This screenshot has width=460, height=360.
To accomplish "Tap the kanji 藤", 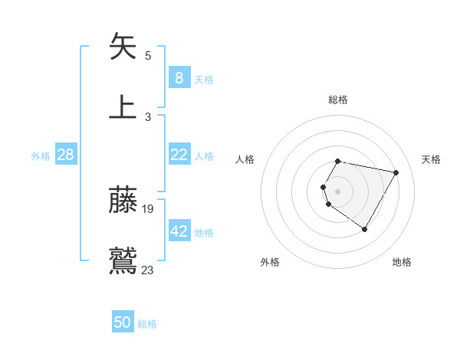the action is click(123, 200).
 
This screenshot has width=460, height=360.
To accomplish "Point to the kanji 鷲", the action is click(123, 260).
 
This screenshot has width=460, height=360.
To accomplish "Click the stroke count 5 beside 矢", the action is click(148, 55).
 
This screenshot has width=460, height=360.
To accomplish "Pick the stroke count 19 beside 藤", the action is click(149, 209).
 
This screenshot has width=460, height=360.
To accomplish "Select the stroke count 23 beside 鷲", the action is click(148, 270).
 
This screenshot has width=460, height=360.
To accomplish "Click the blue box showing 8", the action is click(179, 78).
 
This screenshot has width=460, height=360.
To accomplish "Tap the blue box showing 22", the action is click(179, 155).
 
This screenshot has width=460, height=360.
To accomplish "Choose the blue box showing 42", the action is click(179, 231).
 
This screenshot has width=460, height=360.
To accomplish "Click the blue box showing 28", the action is click(66, 155).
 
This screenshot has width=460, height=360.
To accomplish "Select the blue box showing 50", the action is click(123, 322).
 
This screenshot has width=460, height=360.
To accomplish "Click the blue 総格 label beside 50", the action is click(147, 324).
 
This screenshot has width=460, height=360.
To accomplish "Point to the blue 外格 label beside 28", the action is click(41, 156).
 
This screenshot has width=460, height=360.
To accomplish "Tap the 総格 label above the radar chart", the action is click(338, 100).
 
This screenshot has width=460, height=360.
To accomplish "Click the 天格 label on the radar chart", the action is click(432, 159).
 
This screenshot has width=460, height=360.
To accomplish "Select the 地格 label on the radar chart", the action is click(402, 262).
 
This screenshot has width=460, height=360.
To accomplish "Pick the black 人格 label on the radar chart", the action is click(245, 159).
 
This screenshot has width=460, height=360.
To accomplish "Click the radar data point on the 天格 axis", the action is click(396, 172).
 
